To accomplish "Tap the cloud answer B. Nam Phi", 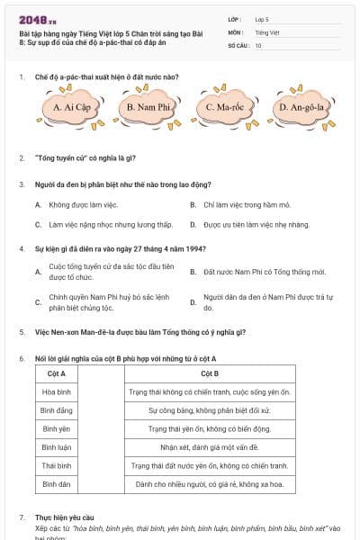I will [x=148, y=108].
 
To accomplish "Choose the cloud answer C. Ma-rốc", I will [x=223, y=108].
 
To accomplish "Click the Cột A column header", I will [x=56, y=373].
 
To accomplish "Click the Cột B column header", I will [x=209, y=373].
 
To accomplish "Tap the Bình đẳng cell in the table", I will [x=56, y=410].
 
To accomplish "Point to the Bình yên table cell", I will [x=56, y=428].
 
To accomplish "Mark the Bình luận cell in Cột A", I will [x=56, y=447].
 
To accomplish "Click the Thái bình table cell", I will [x=56, y=465].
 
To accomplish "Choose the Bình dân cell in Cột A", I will [x=56, y=484].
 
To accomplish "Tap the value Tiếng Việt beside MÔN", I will [x=266, y=31].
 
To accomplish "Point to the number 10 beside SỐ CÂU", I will [x=258, y=44].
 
